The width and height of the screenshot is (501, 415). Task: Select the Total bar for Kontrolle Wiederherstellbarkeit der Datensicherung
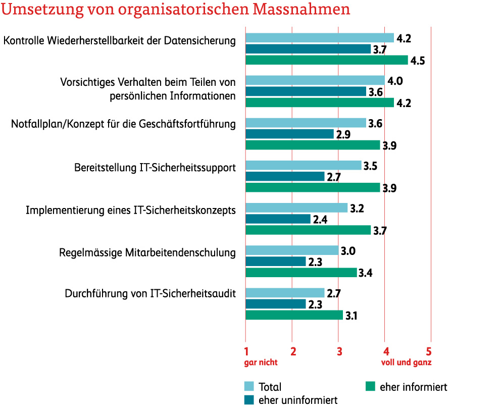pyautogui.click(x=319, y=38)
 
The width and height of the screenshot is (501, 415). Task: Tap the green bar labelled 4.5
pyautogui.click(x=326, y=60)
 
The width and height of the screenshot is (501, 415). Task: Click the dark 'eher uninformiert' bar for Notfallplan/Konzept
pyautogui.click(x=289, y=134)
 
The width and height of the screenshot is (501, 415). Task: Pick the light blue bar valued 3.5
pyautogui.click(x=303, y=165)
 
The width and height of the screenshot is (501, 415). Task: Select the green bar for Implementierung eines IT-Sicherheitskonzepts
pyautogui.click(x=308, y=230)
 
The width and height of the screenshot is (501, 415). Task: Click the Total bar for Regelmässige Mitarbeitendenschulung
pyautogui.click(x=291, y=250)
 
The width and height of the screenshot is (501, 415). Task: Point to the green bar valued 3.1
pyautogui.click(x=294, y=315)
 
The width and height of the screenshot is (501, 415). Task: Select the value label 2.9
pyautogui.click(x=344, y=134)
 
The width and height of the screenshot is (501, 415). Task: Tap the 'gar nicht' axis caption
pyautogui.click(x=261, y=362)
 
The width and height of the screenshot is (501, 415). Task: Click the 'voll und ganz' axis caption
pyautogui.click(x=406, y=362)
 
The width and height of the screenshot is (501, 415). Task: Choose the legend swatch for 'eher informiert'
pyautogui.click(x=371, y=387)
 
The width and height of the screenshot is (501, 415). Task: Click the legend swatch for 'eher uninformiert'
pyautogui.click(x=249, y=400)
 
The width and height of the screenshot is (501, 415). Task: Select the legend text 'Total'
pyautogui.click(x=270, y=387)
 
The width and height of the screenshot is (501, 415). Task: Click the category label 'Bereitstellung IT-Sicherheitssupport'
pyautogui.click(x=155, y=168)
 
